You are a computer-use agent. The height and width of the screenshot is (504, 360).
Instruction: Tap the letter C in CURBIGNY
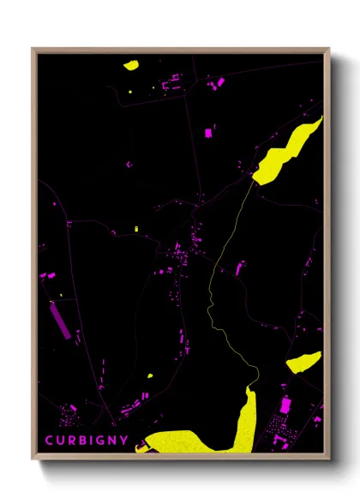(49, 441)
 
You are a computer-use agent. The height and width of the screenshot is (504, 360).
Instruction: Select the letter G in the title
(97, 441)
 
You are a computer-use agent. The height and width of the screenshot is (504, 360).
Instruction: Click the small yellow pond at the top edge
(131, 63)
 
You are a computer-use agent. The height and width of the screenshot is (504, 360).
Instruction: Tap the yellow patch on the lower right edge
(303, 361)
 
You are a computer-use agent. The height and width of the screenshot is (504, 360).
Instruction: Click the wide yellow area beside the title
(184, 441)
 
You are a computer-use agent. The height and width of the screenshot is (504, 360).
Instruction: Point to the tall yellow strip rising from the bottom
(246, 420)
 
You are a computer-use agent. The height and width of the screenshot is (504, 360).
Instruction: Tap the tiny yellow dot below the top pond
(130, 91)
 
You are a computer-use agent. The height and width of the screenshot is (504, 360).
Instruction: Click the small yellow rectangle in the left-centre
(136, 229)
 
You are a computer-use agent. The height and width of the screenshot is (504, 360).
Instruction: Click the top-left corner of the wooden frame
(33, 50)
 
